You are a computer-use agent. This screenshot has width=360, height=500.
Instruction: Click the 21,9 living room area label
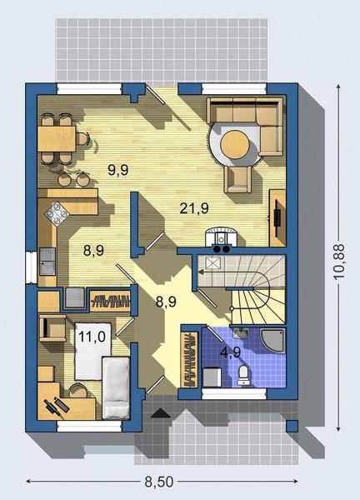194,208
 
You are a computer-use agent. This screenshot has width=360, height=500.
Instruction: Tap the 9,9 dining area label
118,170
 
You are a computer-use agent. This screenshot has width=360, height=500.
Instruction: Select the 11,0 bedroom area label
92,337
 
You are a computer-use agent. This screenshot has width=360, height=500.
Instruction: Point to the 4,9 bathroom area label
230,352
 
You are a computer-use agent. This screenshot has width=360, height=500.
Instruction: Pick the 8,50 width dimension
159,482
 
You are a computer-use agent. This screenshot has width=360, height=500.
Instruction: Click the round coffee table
235,144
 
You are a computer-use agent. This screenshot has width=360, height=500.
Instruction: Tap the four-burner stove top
57,214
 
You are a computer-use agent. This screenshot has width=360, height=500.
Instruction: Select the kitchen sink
47,262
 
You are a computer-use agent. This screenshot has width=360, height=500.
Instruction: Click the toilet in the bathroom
244,375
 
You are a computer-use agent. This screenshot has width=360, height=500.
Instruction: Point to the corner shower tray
272,341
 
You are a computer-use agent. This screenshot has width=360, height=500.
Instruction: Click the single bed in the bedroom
116,387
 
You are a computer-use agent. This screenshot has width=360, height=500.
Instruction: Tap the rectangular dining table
57,138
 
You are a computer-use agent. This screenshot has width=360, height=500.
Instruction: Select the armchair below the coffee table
237,179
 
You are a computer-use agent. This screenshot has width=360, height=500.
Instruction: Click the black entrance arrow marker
161,412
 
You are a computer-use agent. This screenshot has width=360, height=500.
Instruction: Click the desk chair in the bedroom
77,390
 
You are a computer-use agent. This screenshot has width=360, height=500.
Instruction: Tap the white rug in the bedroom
92,352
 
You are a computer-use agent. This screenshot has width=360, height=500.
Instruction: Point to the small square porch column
292,426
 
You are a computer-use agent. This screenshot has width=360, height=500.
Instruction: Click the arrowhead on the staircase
202,272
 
